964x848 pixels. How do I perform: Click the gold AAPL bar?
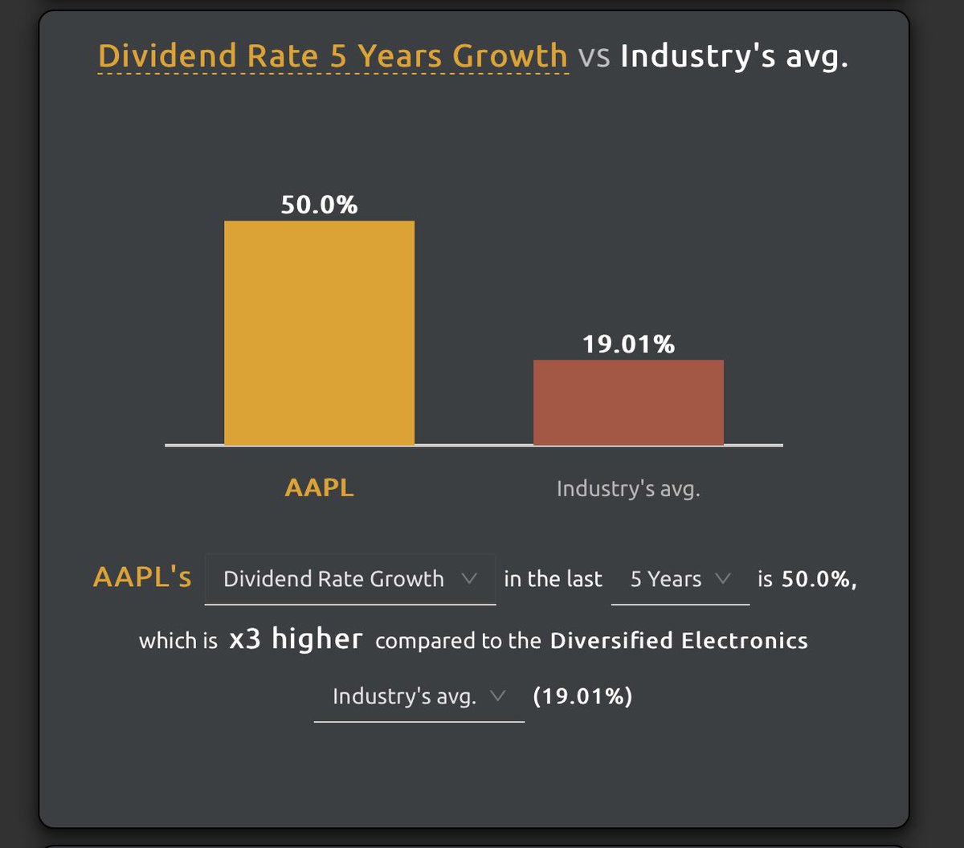click(x=319, y=332)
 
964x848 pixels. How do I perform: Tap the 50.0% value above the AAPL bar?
click(x=319, y=206)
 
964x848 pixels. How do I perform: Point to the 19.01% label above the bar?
click(x=628, y=344)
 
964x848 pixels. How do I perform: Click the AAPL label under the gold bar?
click(x=319, y=488)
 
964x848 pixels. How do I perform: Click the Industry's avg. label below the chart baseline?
click(x=628, y=489)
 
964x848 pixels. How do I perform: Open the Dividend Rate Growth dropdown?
click(x=349, y=579)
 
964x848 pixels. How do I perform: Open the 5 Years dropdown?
click(x=680, y=579)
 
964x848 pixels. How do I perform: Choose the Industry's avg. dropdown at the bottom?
click(x=419, y=696)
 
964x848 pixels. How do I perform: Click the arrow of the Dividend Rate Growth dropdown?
click(x=470, y=579)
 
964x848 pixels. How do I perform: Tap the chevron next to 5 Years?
click(x=722, y=579)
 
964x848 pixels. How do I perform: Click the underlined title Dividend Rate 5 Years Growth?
click(x=333, y=56)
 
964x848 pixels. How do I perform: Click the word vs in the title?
click(x=594, y=57)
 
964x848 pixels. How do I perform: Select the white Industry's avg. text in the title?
click(x=733, y=57)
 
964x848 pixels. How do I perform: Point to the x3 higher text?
click(x=296, y=640)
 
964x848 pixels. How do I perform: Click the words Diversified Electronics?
click(x=679, y=641)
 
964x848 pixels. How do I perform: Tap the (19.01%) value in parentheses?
click(x=582, y=696)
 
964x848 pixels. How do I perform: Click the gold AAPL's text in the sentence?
click(x=142, y=578)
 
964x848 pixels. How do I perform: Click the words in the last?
click(x=553, y=579)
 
